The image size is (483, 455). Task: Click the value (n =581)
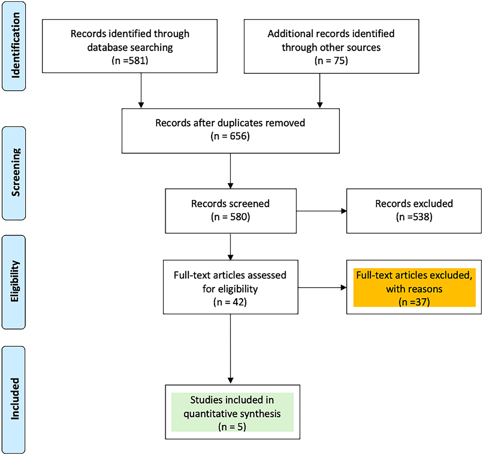tap(130, 61)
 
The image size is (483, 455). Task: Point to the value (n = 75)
tap(331, 61)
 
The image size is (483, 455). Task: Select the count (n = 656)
tap(230, 136)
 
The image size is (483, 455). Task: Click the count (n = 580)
tap(230, 217)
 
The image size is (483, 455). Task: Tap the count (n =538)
tap(414, 217)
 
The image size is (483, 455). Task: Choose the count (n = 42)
tap(230, 302)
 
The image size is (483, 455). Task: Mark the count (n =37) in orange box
tap(414, 302)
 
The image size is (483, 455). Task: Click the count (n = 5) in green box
tap(232, 427)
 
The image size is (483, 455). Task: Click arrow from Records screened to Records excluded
tap(321, 211)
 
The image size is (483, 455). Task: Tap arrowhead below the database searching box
tap(141, 105)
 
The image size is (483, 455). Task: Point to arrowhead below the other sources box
tap(320, 105)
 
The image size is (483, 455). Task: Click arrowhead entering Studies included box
tap(230, 380)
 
